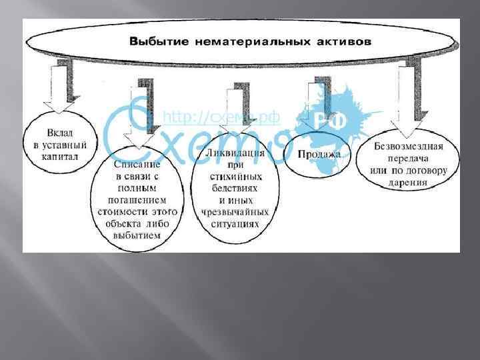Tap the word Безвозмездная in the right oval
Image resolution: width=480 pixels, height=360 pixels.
pos(409,146)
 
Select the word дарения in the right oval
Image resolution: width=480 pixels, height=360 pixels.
pos(409,181)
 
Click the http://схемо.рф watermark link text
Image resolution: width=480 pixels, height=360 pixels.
pos(221,118)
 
